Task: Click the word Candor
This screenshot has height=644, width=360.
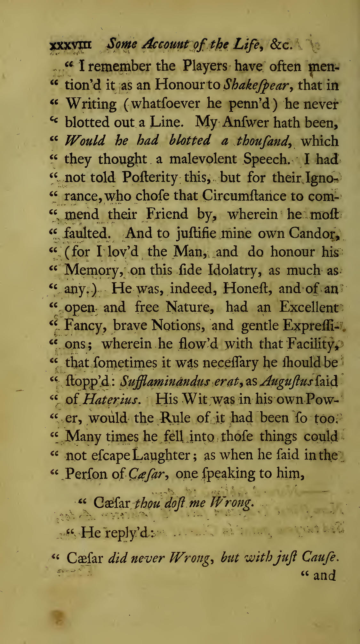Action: [x=312, y=233]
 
